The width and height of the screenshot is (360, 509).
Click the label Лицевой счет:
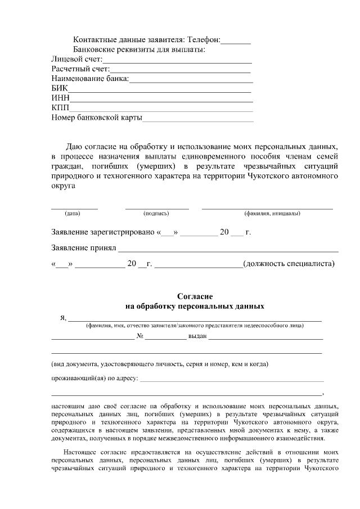[76, 59]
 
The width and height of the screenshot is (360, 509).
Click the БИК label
[59, 88]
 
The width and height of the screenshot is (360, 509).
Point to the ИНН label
[60, 98]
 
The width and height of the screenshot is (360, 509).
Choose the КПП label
[60, 108]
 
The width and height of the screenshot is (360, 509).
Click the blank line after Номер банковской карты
[198, 119]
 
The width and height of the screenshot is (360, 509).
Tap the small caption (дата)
[73, 214]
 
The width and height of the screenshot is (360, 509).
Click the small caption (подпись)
[156, 214]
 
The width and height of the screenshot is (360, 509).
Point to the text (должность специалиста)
[289, 264]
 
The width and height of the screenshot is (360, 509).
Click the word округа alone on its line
[63, 187]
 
